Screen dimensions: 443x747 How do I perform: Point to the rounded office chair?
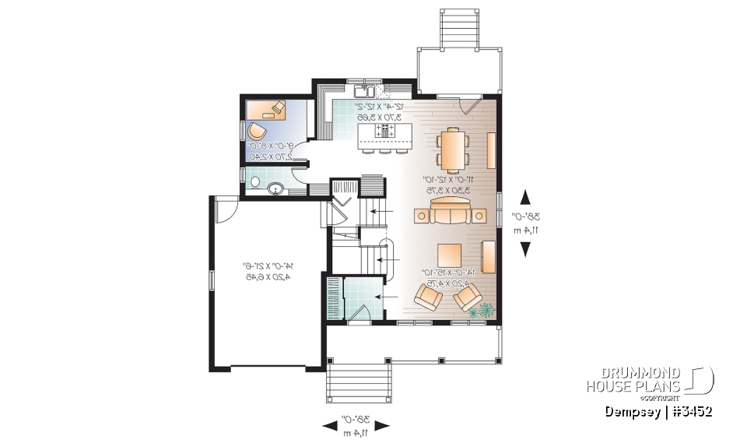pyautogui.click(x=255, y=130)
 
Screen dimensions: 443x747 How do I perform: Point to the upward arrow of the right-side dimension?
pyautogui.click(x=525, y=195)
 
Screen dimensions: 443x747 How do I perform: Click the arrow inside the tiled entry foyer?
pyautogui.click(x=380, y=297)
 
